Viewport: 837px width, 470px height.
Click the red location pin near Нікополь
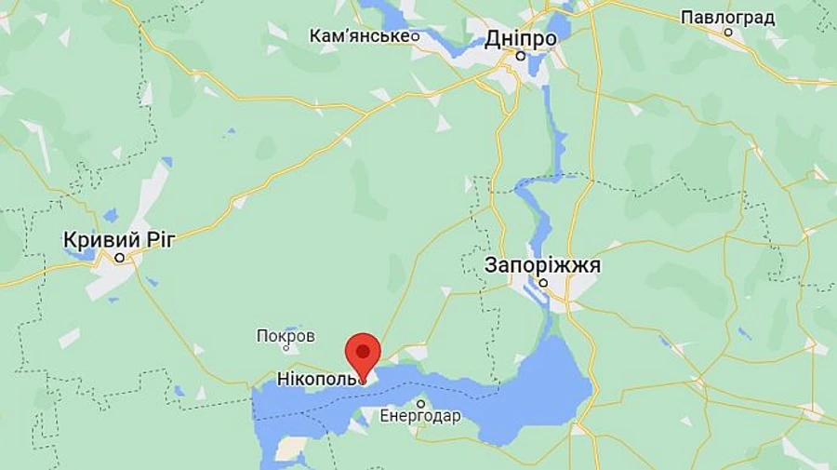[363, 353]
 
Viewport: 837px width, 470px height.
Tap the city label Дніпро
[521, 39]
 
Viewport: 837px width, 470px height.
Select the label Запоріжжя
[543, 265]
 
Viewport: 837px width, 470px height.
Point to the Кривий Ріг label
[118, 239]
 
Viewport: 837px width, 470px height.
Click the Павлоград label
[728, 18]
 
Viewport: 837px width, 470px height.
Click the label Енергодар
[420, 416]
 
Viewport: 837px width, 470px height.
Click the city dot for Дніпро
[522, 56]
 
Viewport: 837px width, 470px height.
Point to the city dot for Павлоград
[729, 33]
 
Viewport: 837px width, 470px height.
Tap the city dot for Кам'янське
[415, 36]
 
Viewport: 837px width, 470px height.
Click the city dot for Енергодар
[420, 403]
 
